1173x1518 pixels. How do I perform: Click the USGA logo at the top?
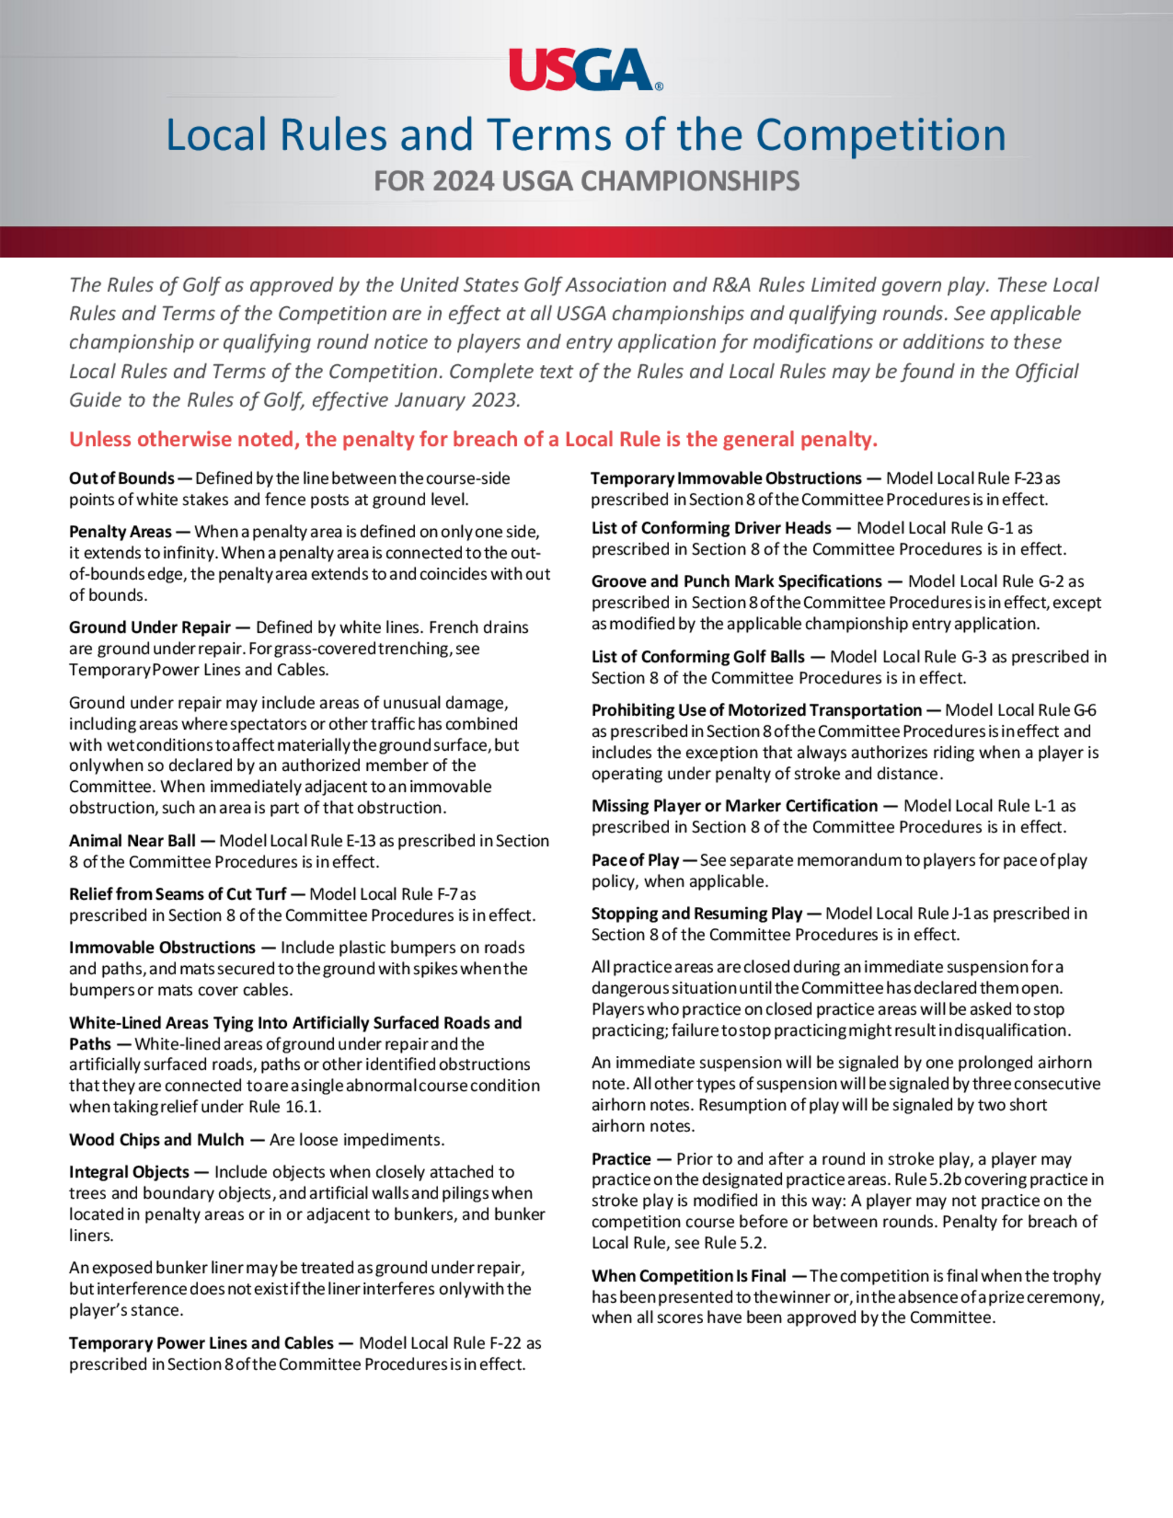pos(585,69)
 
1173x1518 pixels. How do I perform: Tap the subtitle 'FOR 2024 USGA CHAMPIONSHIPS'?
pos(586,181)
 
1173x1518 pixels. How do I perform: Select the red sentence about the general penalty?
pos(473,439)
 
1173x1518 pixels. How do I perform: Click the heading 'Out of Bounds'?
pos(121,478)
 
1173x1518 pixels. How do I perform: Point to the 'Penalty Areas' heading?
pos(120,532)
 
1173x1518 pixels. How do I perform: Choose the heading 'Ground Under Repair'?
pos(150,627)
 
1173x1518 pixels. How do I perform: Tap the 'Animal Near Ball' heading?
pos(132,841)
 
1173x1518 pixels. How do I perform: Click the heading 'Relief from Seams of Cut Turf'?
pos(177,894)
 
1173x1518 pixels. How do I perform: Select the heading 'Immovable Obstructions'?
pos(162,947)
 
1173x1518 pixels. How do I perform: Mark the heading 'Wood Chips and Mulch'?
pos(157,1140)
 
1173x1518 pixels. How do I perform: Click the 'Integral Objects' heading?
pos(128,1172)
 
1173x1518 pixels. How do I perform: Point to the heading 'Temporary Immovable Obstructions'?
pos(726,478)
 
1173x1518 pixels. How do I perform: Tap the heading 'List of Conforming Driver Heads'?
pos(711,528)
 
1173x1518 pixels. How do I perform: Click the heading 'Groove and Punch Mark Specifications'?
pos(736,581)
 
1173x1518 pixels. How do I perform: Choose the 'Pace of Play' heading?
pos(635,860)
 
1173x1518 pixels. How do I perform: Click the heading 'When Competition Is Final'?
pos(689,1276)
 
